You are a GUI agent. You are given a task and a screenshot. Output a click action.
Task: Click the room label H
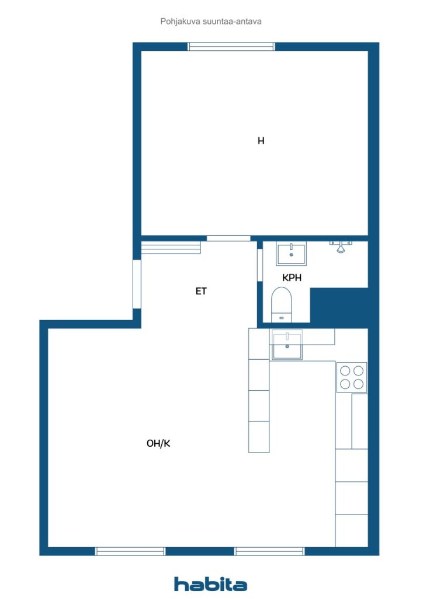tap(261, 141)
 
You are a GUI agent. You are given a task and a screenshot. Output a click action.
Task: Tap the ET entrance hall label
tap(201, 291)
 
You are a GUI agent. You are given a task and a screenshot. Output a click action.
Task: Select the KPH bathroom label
tap(292, 277)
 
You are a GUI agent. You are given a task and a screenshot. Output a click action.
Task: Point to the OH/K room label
tap(158, 443)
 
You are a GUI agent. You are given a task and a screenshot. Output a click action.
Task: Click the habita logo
tap(210, 584)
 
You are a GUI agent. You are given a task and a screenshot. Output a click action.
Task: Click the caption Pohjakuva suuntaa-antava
tap(211, 22)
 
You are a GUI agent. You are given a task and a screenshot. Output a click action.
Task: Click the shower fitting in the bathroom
tap(341, 246)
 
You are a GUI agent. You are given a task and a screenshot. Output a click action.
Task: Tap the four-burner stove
tap(352, 377)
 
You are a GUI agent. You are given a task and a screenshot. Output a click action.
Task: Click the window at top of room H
tap(231, 47)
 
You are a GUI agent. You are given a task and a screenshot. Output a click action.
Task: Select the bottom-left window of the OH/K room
tap(130, 551)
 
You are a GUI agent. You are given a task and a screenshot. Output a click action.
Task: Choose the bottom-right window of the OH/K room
tap(269, 551)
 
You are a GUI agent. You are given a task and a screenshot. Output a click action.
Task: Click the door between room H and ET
tap(228, 238)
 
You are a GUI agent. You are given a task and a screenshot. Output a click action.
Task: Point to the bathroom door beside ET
tap(260, 265)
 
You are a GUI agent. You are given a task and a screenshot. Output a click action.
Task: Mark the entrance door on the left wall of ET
tap(137, 284)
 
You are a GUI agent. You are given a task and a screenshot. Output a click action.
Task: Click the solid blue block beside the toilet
tap(339, 307)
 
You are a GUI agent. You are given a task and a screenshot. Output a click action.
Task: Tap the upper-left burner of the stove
tap(345, 371)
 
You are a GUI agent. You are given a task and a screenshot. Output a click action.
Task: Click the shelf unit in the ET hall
tap(171, 247)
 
